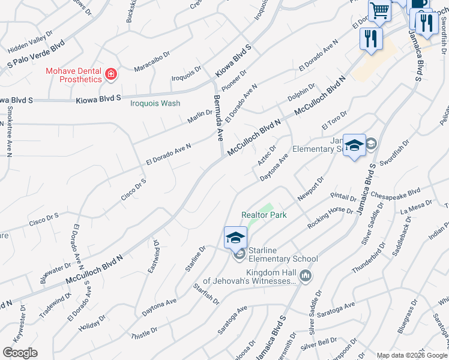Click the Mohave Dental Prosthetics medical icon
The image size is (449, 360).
[x=110, y=75]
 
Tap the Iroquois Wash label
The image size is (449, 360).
[x=155, y=103]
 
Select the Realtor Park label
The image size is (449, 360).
[x=264, y=215]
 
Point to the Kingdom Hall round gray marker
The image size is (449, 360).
[x=306, y=276]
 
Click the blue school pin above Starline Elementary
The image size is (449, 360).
[x=235, y=237]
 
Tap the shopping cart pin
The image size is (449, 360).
[x=379, y=10]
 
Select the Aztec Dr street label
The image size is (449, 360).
[x=267, y=155]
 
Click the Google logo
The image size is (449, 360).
[x=20, y=353]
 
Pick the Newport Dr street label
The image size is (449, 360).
[x=311, y=188]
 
